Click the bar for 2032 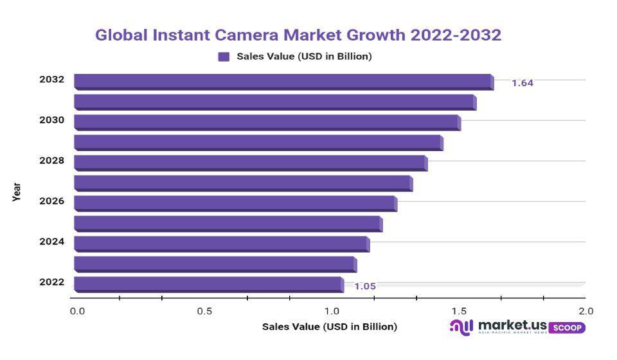coord(283,81)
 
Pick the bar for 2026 coord(235,203)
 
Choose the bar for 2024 coord(221,243)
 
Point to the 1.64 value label coord(523,83)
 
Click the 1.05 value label coord(365,287)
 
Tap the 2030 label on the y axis coord(51,120)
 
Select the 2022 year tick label coord(51,282)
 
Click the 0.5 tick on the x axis coord(204,311)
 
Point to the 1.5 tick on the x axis coord(458,311)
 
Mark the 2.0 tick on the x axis coord(586,311)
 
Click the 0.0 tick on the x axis coord(77,311)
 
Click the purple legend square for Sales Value coord(224,57)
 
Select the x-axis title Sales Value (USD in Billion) coord(329,327)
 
